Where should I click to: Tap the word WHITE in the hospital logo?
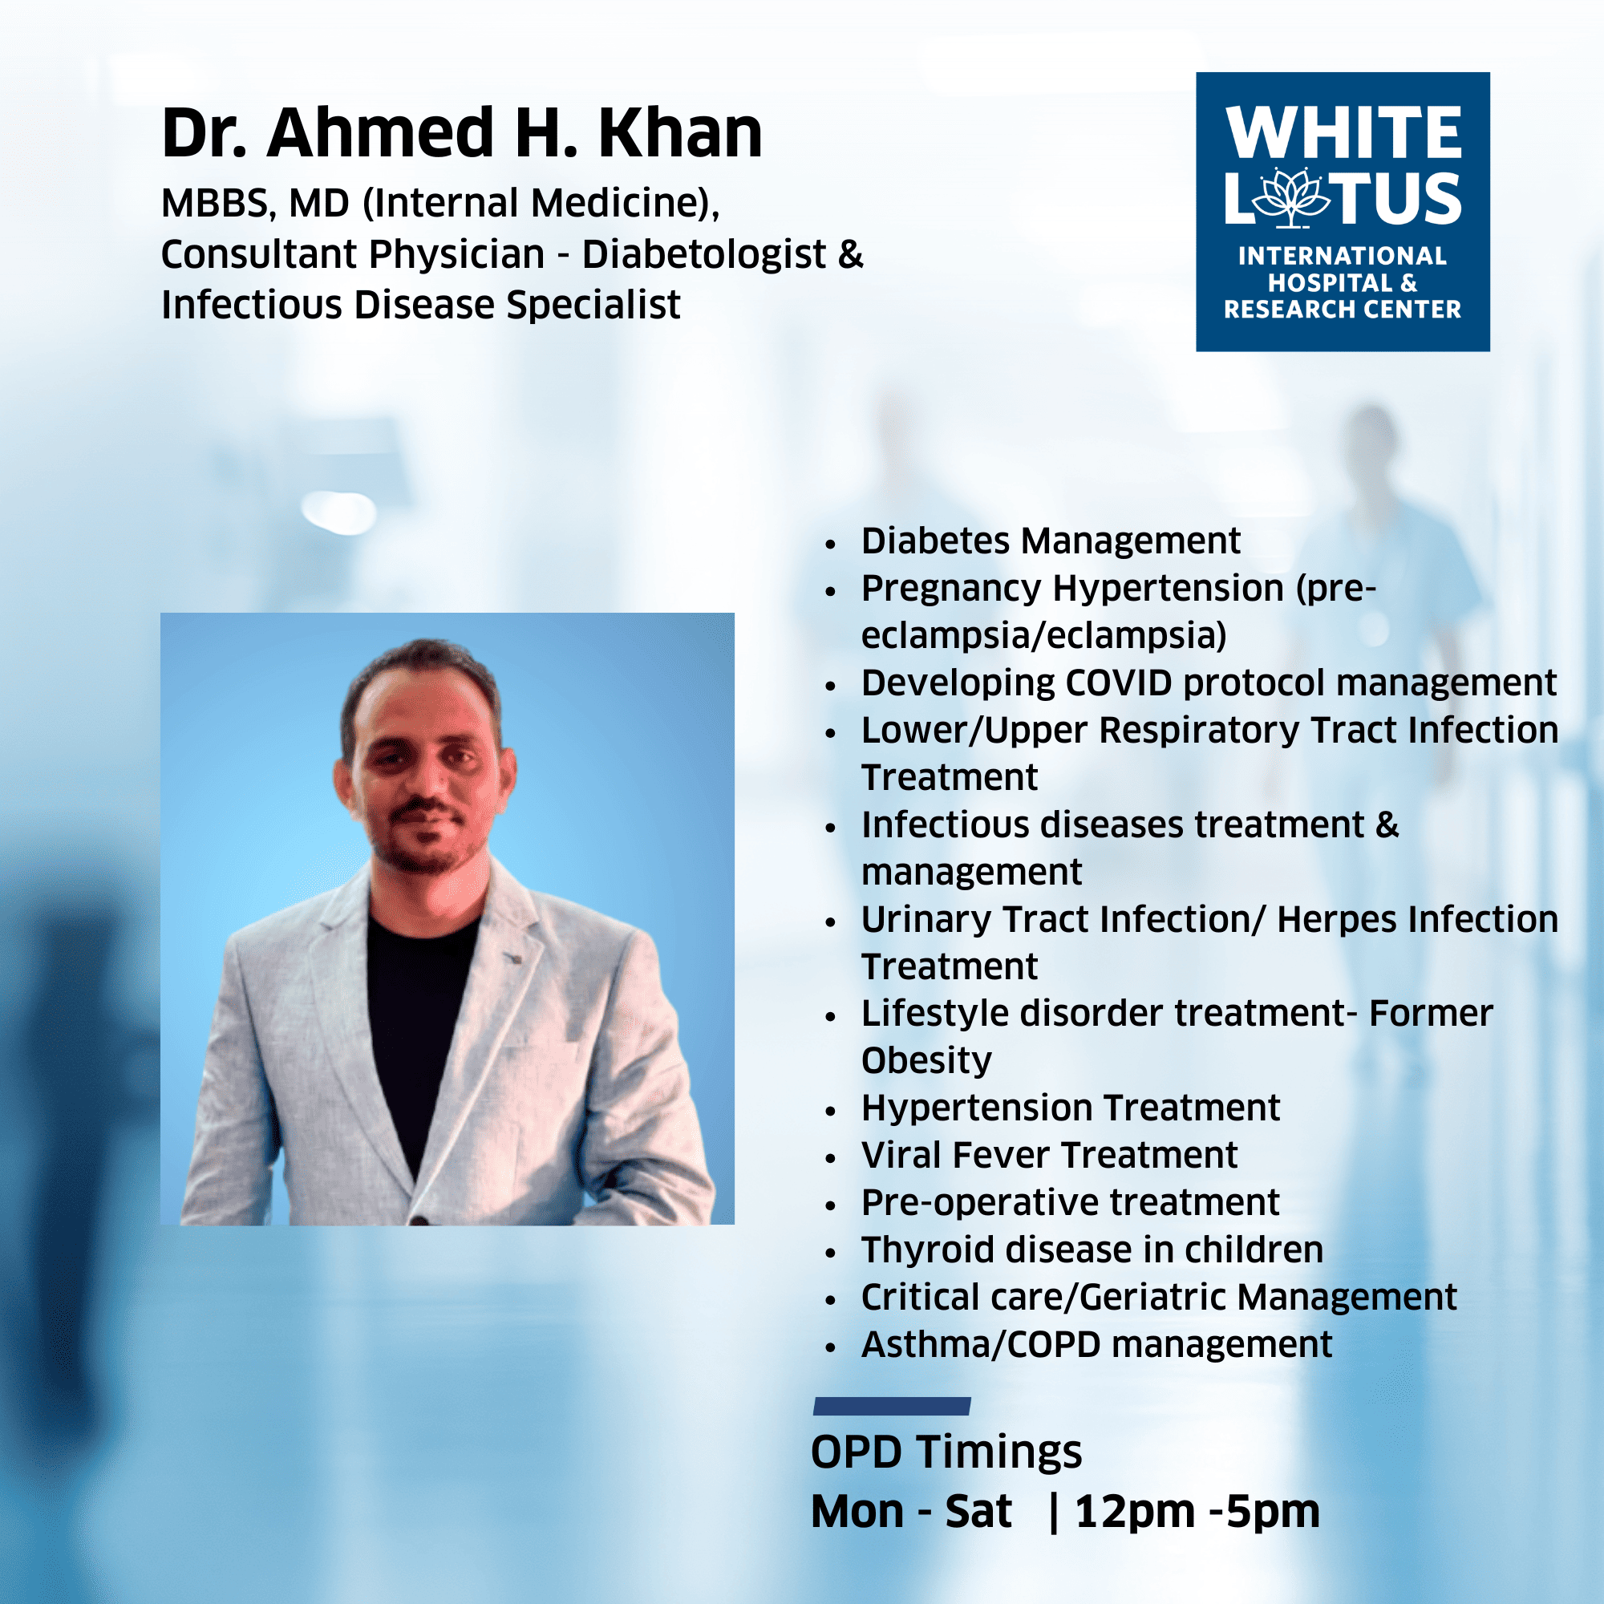(x=1343, y=132)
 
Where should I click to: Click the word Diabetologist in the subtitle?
(x=704, y=254)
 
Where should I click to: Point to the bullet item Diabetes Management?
(x=1051, y=541)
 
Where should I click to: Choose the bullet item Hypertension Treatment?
(x=1070, y=1108)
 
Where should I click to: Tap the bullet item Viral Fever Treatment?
(x=1049, y=1156)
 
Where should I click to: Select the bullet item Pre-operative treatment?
(x=1070, y=1203)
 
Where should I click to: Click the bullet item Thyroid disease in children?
(x=1092, y=1250)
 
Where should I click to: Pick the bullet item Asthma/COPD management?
(x=1096, y=1345)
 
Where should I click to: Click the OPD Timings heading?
(x=946, y=1453)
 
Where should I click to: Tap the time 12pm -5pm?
(x=1197, y=1512)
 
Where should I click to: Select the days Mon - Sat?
(x=911, y=1511)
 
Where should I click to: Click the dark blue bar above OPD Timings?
(x=892, y=1407)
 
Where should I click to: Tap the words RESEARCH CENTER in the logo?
(x=1342, y=310)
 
